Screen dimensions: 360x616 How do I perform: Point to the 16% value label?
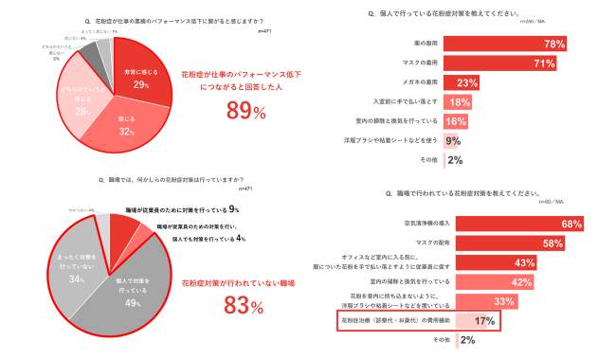tap(456, 122)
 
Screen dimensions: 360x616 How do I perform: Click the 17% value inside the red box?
tap(459, 321)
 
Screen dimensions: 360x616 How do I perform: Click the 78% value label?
tap(554, 44)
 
